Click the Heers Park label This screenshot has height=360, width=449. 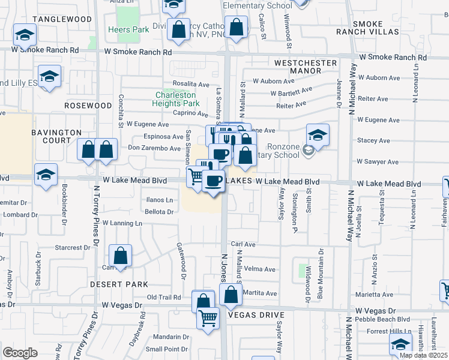point(120,29)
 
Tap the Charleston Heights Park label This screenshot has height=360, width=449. point(176,99)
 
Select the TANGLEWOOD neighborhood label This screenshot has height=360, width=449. point(62,19)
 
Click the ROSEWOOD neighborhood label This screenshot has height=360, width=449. point(88,106)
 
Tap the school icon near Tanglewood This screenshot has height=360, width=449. point(25,37)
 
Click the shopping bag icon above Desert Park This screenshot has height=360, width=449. point(121,256)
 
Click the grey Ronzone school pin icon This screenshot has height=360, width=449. point(309,150)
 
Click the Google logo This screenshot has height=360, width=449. point(20,353)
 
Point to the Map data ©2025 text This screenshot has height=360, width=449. point(423,355)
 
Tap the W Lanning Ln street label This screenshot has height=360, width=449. point(122,223)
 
